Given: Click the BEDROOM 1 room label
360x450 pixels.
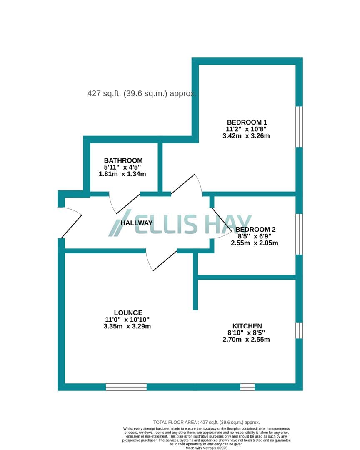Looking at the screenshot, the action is [245, 122].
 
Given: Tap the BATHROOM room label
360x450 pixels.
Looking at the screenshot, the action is [123, 160].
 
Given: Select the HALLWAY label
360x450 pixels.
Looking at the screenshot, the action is [136, 223].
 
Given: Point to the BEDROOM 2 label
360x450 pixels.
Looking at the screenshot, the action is [255, 230].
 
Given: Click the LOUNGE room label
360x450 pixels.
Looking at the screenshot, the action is [128, 313].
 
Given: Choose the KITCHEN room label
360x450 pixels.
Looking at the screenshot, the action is [247, 326].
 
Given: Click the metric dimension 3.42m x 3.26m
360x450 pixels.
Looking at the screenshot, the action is [246, 136].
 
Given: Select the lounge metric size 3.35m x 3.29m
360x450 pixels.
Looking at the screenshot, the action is [127, 326].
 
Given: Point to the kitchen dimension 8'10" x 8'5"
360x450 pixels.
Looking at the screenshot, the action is [246, 332].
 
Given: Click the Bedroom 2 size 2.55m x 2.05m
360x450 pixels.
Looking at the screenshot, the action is [254, 243].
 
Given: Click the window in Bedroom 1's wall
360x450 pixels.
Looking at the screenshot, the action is [299, 127].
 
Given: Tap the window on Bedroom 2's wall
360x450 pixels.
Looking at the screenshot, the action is [299, 234].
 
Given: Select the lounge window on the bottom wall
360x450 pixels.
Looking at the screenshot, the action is [126, 387].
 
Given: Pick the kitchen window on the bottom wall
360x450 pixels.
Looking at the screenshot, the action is [247, 387].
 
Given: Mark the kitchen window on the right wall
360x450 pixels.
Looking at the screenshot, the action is [299, 330].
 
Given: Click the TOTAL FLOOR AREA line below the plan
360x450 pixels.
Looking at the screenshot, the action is [206, 422].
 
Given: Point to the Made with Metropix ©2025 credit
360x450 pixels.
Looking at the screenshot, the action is [206, 447].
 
